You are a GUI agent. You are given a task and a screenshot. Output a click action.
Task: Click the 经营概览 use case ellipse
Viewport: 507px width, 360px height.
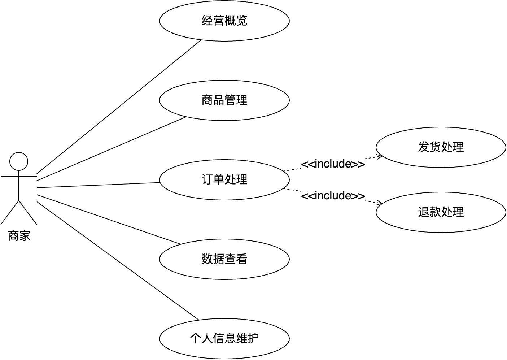click(x=224, y=21)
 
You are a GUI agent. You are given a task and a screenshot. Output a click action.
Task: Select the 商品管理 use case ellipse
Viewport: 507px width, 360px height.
click(x=224, y=100)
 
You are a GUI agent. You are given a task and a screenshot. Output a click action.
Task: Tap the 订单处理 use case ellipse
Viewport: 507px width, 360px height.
click(x=224, y=179)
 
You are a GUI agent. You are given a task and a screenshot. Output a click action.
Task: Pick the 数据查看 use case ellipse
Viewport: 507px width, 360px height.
click(x=224, y=259)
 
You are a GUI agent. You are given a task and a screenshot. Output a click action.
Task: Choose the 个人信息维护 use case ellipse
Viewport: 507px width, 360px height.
click(x=224, y=338)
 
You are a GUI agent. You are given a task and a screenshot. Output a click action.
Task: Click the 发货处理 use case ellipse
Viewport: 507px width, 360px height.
click(x=441, y=147)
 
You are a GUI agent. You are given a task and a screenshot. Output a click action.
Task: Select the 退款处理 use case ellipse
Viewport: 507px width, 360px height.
click(x=441, y=212)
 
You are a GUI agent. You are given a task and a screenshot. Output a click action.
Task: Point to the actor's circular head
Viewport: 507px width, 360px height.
click(x=19, y=161)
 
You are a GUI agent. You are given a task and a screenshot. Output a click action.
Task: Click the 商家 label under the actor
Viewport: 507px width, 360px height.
click(x=19, y=236)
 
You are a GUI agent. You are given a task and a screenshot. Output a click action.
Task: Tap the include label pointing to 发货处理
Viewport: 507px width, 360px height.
click(x=333, y=164)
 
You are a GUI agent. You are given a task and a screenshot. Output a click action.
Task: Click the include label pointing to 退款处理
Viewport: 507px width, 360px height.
click(x=333, y=196)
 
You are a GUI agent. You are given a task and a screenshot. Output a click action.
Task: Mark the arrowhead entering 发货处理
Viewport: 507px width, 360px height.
click(x=380, y=157)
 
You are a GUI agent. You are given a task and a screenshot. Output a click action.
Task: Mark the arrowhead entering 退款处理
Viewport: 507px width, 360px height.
click(x=380, y=203)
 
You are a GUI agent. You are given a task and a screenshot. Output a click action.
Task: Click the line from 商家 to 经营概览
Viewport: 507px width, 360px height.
click(x=119, y=107)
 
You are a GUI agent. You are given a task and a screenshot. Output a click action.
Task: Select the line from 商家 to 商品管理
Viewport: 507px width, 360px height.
click(x=112, y=148)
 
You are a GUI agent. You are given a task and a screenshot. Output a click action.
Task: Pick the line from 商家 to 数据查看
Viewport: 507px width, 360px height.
click(x=108, y=220)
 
